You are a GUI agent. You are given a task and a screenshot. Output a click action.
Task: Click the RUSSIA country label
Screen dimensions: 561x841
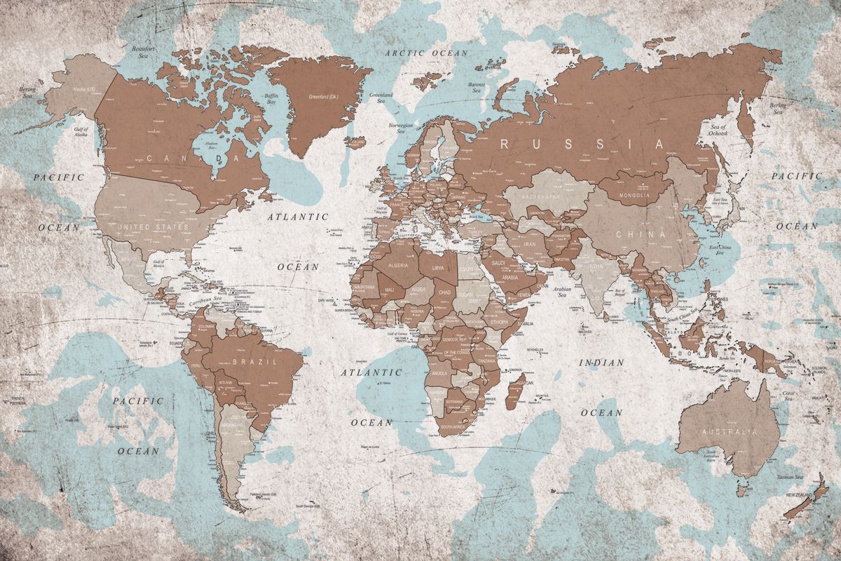point(581,144)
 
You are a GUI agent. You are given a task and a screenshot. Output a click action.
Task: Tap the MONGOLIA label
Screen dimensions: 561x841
point(634,195)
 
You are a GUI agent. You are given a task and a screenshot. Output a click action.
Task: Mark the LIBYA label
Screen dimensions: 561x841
point(437,268)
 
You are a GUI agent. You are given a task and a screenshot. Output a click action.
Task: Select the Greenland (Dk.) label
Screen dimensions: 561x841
point(323,96)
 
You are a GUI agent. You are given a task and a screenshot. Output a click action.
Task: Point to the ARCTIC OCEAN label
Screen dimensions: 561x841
point(429,53)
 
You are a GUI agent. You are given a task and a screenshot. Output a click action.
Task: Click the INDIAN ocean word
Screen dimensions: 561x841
point(601,363)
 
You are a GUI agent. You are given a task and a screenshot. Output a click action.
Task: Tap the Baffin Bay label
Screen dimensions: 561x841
point(271,98)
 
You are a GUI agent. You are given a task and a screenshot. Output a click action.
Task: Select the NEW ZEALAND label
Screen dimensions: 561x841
point(799,496)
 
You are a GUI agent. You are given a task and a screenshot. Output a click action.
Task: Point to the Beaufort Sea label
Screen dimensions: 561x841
point(143,53)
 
